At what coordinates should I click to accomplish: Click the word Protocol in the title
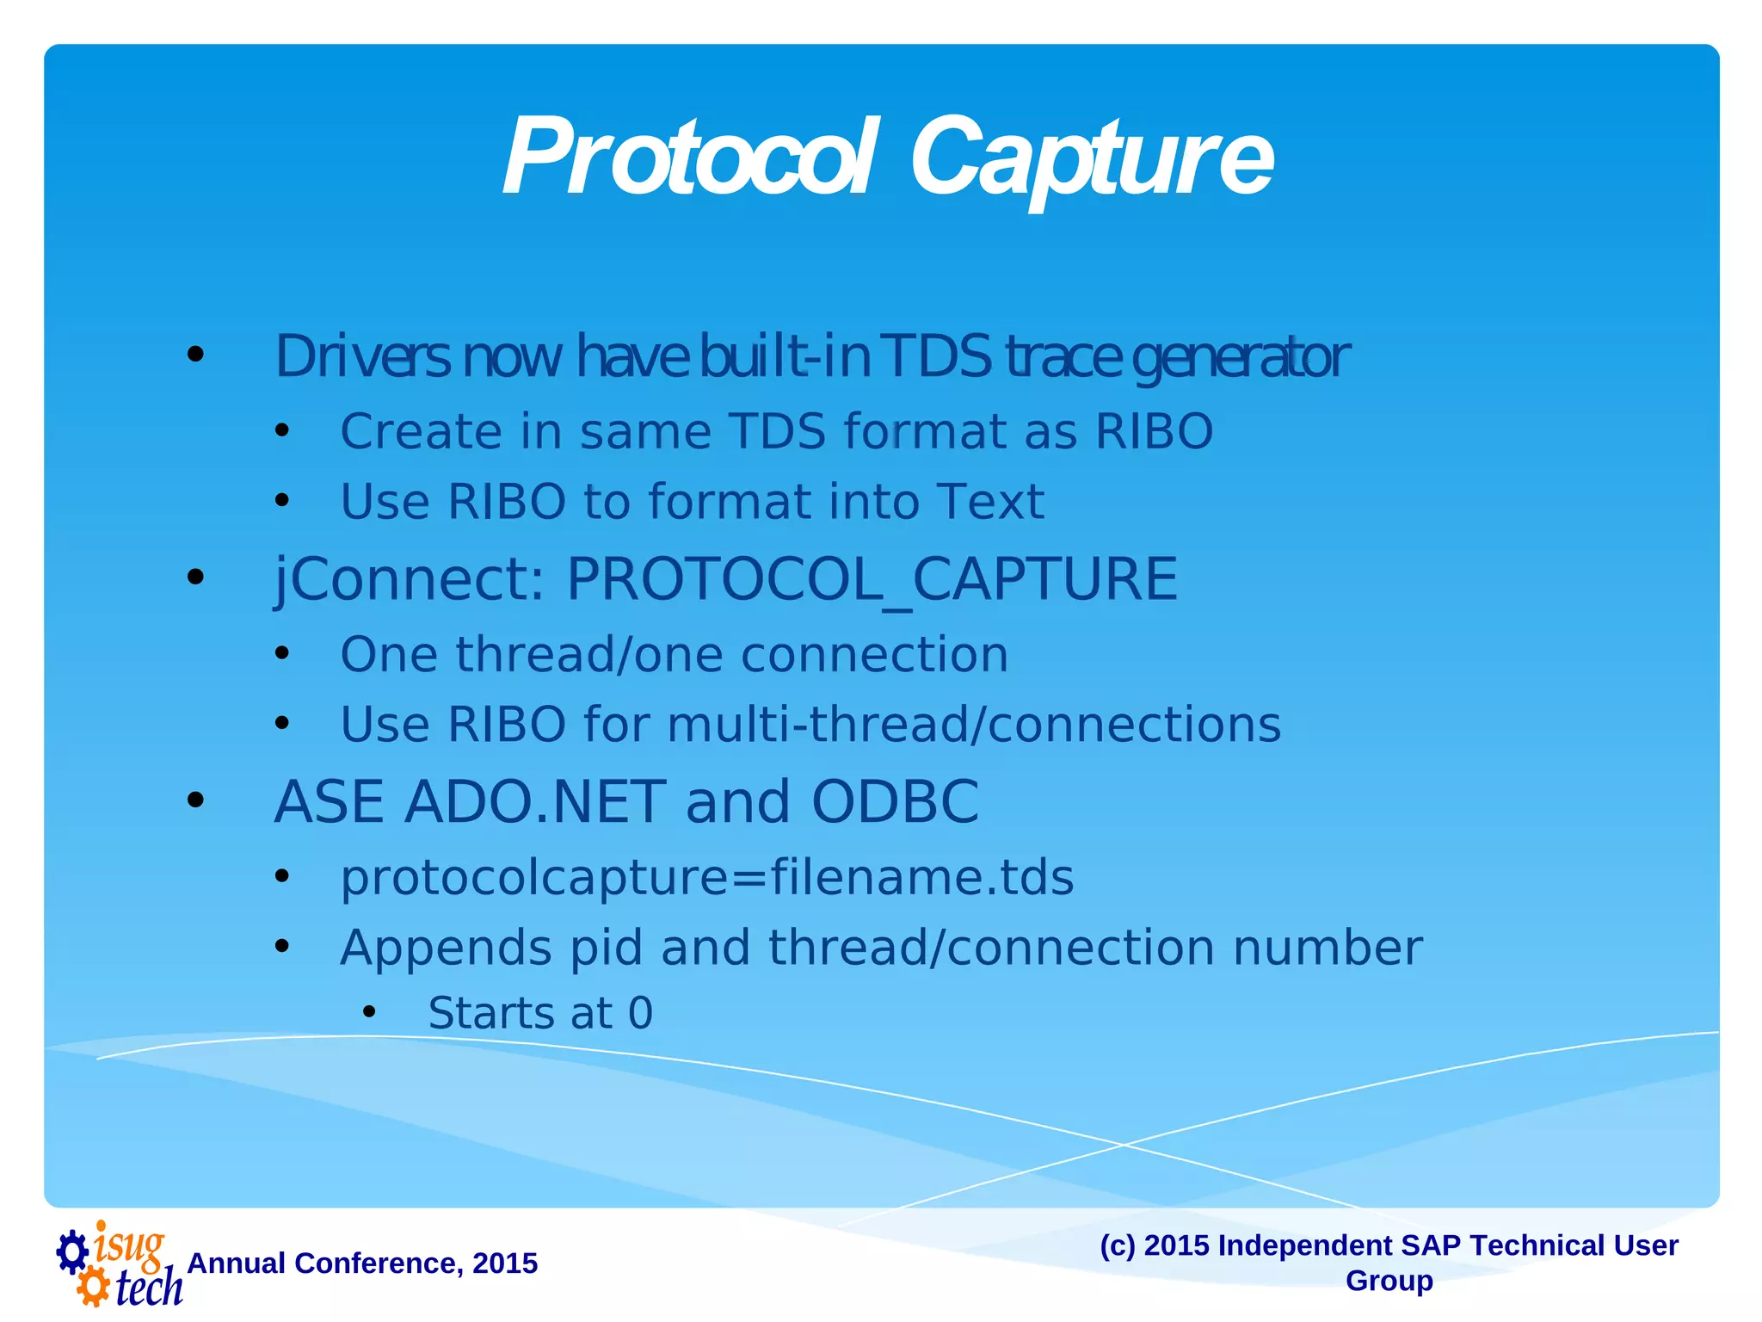(x=688, y=159)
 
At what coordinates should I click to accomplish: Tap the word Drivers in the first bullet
(x=361, y=356)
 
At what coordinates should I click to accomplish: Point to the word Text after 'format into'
(x=989, y=502)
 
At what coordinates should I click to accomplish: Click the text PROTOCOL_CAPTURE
(x=871, y=579)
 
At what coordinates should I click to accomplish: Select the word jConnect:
(x=410, y=579)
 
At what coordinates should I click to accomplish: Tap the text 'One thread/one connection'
(x=674, y=655)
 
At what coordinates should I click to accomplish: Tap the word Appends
(x=446, y=948)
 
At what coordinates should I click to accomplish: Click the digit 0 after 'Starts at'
(x=641, y=1014)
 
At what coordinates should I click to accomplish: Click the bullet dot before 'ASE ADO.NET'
(x=196, y=800)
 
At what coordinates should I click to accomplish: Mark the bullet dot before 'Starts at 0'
(x=369, y=1013)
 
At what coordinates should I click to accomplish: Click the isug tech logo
(x=120, y=1263)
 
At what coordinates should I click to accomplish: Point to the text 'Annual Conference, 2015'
(x=362, y=1263)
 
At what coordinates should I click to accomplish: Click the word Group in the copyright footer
(x=1389, y=1281)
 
